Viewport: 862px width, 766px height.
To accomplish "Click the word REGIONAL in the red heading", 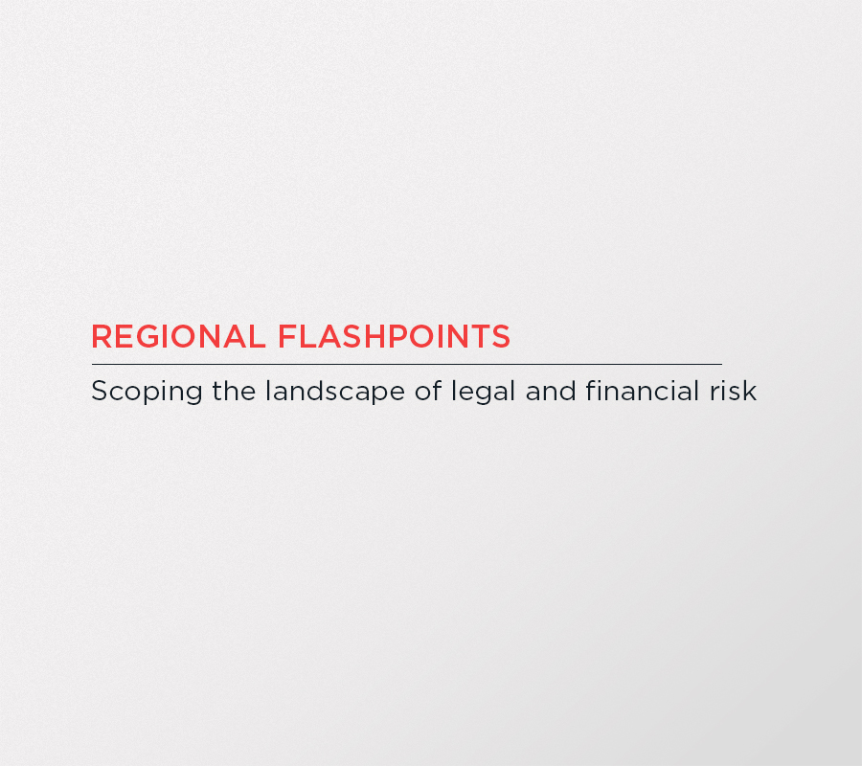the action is (x=178, y=336).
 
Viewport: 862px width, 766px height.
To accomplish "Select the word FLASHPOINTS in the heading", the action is (x=395, y=336).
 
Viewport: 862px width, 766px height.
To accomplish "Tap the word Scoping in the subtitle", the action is (x=147, y=393).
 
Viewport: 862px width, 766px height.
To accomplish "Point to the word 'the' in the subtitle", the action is (x=235, y=391).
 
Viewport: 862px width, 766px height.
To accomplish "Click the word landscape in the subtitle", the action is (x=335, y=393).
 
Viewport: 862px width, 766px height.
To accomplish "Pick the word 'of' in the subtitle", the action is (x=428, y=391).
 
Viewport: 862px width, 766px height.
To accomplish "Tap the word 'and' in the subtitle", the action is (x=551, y=391).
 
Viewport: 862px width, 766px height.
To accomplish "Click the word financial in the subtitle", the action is (x=643, y=391).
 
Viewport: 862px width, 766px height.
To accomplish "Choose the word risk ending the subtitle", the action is (x=734, y=391).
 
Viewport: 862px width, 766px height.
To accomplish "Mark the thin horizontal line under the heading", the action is (x=407, y=364).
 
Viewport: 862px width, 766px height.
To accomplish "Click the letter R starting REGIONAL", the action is (x=102, y=336).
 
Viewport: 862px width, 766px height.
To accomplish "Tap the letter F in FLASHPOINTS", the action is (x=287, y=336).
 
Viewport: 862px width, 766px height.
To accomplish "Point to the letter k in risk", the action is (x=750, y=391).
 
